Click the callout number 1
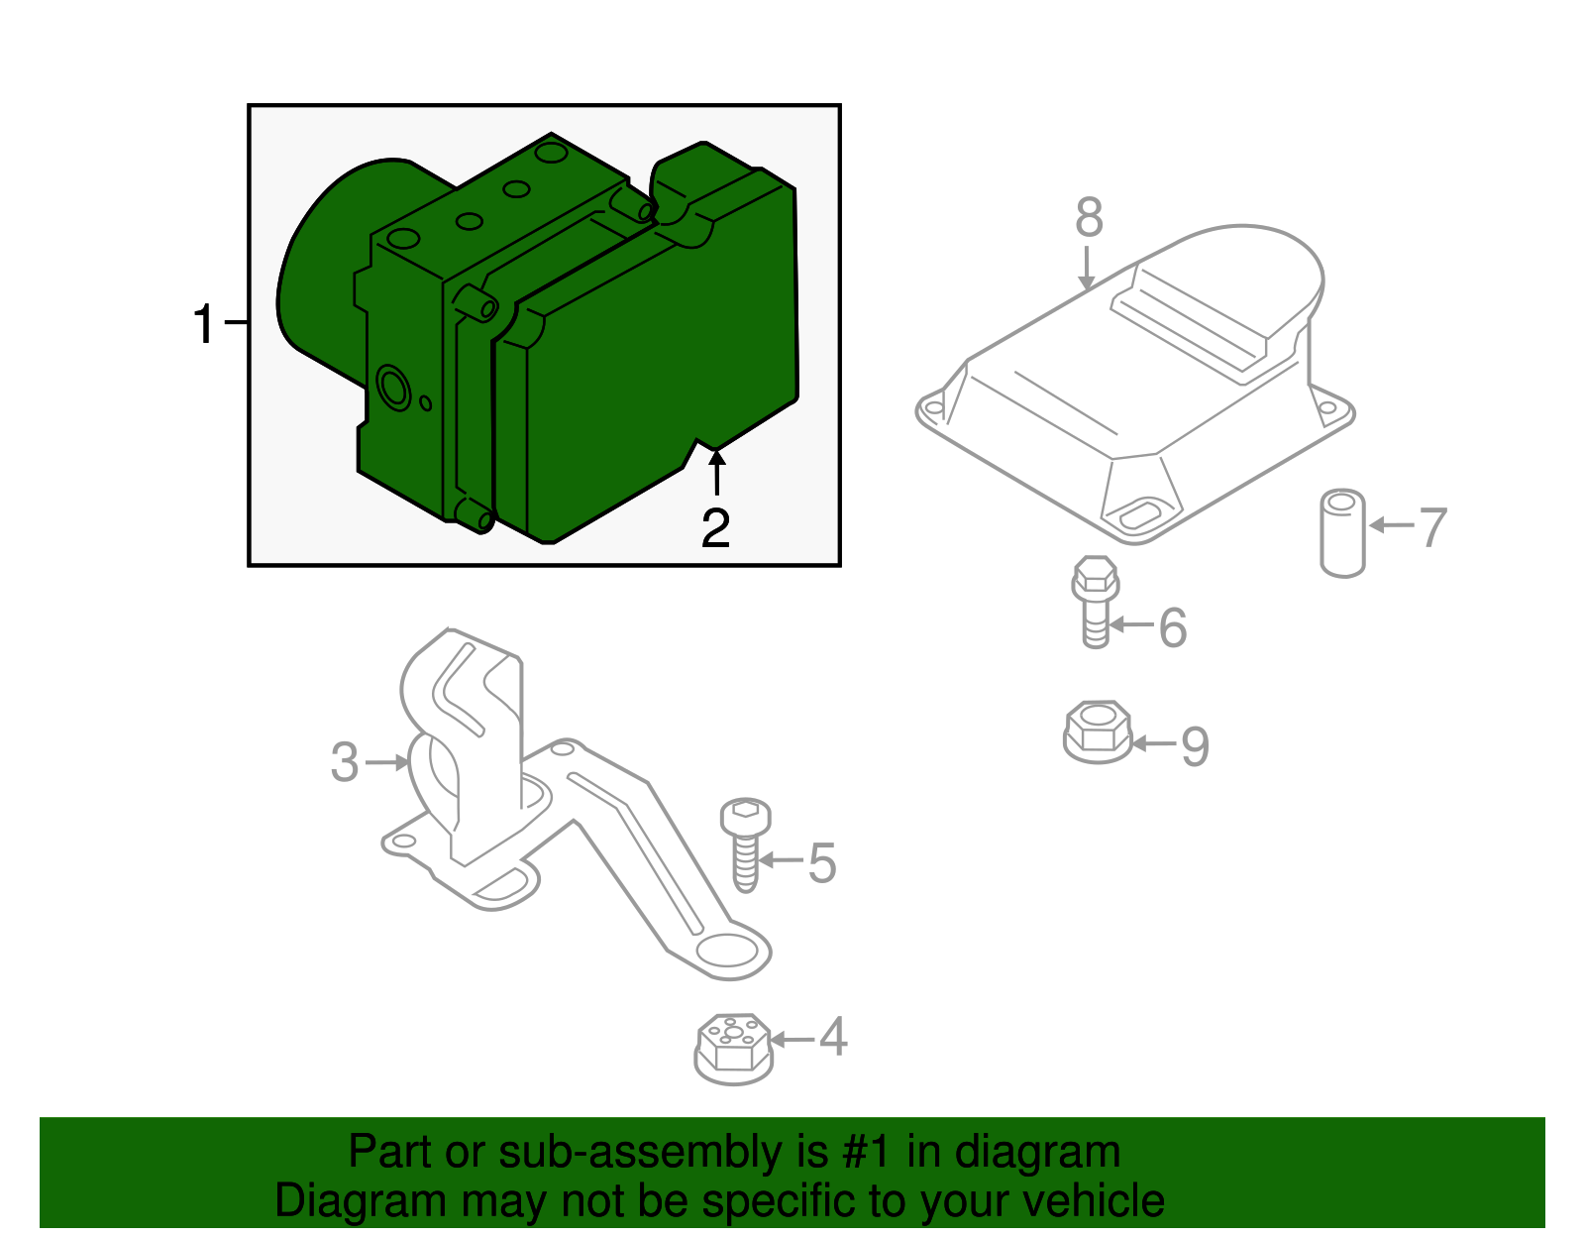click(x=203, y=324)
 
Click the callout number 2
click(x=715, y=528)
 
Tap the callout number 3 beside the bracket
click(x=344, y=762)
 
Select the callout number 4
click(x=833, y=1037)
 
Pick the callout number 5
click(x=822, y=862)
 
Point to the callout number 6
click(x=1173, y=627)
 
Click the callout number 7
click(x=1432, y=527)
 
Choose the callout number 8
click(x=1089, y=217)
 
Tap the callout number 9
click(x=1195, y=745)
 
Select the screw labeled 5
click(x=745, y=843)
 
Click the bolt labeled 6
click(x=1095, y=600)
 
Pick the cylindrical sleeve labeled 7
click(x=1342, y=533)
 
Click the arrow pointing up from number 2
click(x=716, y=472)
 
